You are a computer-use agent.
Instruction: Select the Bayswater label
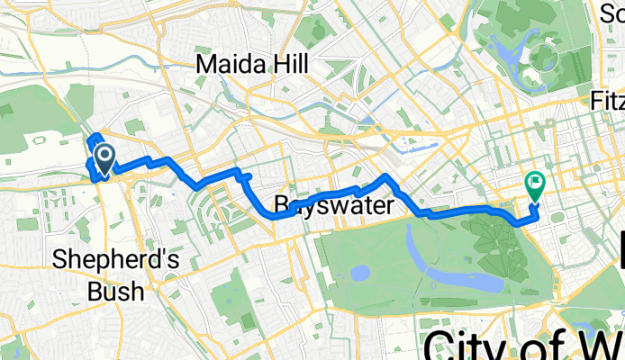coord(333,205)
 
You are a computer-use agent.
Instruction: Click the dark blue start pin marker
coord(104,160)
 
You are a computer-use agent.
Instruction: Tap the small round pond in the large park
coord(360,271)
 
